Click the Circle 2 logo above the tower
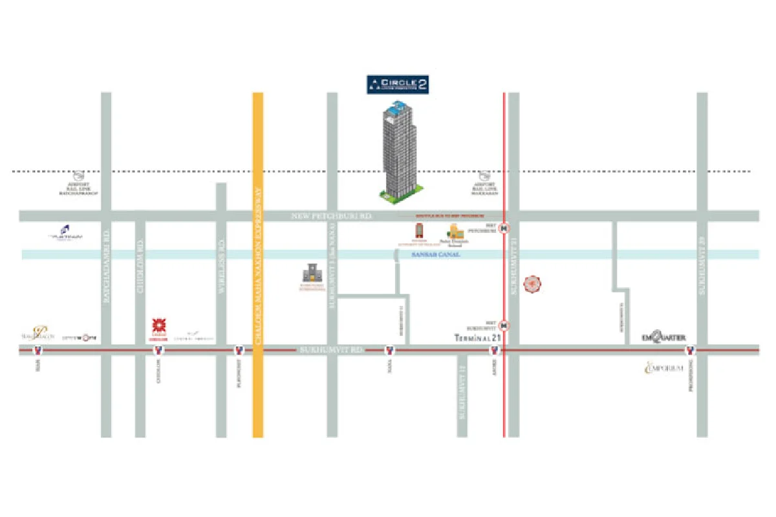point(398,84)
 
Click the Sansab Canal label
point(436,255)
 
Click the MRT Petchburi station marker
point(504,228)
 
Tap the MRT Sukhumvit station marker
point(504,325)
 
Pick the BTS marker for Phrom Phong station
point(690,351)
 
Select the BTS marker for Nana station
point(390,351)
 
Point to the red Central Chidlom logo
point(158,326)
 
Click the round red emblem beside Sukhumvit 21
point(532,282)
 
